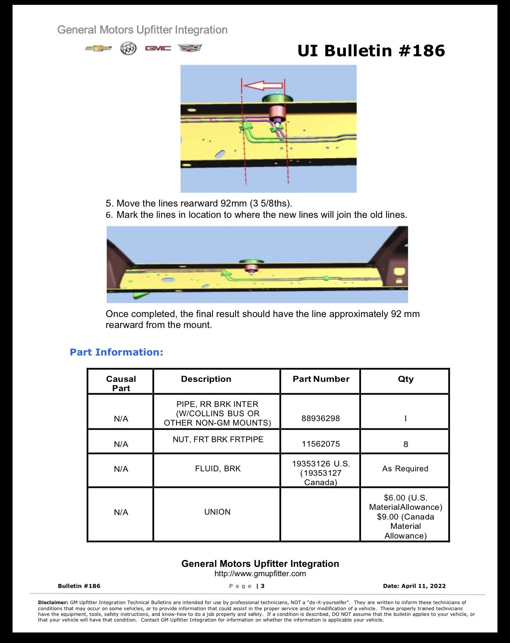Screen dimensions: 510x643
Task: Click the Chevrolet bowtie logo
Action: tap(98, 48)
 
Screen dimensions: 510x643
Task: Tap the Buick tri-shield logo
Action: tap(128, 49)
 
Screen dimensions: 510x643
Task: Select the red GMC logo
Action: tap(158, 48)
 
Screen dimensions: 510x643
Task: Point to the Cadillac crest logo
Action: tap(190, 48)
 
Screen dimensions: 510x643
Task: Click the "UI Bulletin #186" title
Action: tap(371, 51)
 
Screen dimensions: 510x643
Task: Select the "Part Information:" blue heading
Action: tap(117, 352)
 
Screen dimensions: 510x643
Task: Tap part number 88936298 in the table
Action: tap(321, 418)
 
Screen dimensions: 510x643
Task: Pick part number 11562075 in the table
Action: tap(321, 444)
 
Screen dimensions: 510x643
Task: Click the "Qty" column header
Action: tap(406, 379)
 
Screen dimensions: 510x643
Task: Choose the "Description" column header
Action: tap(206, 379)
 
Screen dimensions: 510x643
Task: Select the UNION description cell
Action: tap(217, 512)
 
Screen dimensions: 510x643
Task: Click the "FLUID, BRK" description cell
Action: tap(218, 468)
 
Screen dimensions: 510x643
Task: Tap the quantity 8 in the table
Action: tap(406, 444)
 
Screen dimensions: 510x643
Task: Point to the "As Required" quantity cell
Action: tap(405, 468)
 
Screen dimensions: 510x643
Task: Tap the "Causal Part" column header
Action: tap(121, 383)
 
